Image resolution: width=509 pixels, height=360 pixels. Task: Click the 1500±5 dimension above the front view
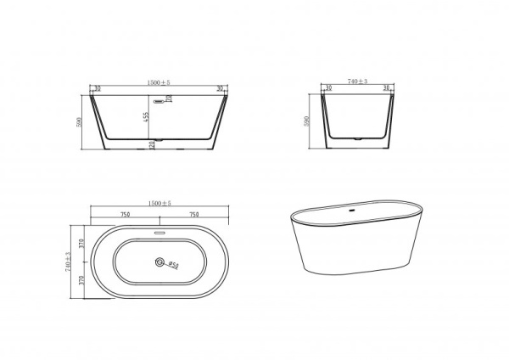point(159,82)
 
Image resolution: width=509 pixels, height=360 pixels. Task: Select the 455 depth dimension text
point(146,115)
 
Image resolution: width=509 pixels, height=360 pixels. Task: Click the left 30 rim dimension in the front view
point(98,88)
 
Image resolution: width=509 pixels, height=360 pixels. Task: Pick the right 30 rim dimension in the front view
point(220,88)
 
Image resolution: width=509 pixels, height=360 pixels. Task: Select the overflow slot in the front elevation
point(169,98)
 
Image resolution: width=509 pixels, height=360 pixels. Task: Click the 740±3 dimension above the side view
point(356,82)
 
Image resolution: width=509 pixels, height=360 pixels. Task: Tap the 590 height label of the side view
point(307,121)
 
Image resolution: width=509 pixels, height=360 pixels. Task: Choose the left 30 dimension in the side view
point(327,88)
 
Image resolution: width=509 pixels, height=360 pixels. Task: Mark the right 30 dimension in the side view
point(385,88)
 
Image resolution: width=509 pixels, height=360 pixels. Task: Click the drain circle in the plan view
point(158,264)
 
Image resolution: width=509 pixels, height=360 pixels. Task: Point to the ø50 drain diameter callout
point(172,265)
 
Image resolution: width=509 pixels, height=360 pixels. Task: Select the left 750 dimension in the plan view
point(126,215)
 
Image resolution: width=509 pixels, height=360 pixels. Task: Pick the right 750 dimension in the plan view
point(193,215)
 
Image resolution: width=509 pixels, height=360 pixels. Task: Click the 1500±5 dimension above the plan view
point(159,204)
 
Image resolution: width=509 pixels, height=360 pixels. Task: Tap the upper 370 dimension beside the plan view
point(82,244)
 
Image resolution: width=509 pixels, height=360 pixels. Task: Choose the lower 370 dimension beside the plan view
point(82,280)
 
